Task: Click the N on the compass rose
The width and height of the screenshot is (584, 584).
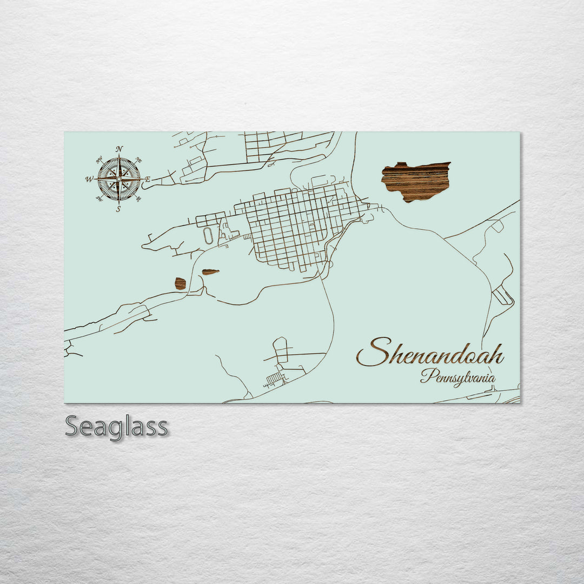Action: [x=119, y=149]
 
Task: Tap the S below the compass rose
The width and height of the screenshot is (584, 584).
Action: [x=118, y=209]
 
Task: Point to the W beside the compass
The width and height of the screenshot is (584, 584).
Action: [x=88, y=179]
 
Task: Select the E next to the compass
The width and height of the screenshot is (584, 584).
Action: [x=148, y=179]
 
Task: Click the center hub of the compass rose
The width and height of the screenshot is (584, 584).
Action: [x=119, y=178]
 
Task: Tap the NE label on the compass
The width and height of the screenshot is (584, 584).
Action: [x=138, y=160]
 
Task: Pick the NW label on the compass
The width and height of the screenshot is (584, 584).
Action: [x=99, y=160]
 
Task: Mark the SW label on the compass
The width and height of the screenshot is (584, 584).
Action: [x=99, y=198]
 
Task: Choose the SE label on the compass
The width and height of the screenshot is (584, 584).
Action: [x=138, y=198]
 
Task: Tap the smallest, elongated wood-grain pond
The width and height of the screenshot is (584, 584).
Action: [x=210, y=272]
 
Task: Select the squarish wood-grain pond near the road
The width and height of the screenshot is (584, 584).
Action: [x=180, y=283]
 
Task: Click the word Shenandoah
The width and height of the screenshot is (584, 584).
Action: [x=430, y=353]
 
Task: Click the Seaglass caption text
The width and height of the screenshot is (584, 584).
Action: [x=116, y=427]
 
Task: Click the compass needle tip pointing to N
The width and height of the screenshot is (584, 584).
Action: [x=119, y=155]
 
